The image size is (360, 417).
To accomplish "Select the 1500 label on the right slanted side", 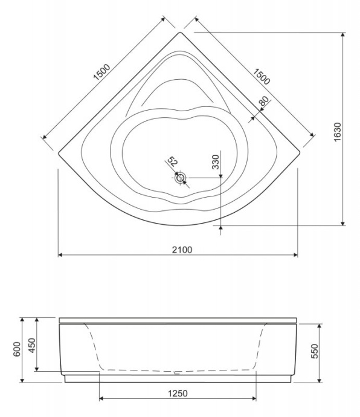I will (x=262, y=76).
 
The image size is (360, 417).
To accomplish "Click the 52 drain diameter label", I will (x=172, y=161).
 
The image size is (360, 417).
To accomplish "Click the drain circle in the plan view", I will (x=181, y=178).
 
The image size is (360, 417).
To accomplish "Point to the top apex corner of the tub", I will (x=179, y=33).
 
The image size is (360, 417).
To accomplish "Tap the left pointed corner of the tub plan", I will (x=59, y=153).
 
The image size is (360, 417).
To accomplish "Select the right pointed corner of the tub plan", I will (x=299, y=153).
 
